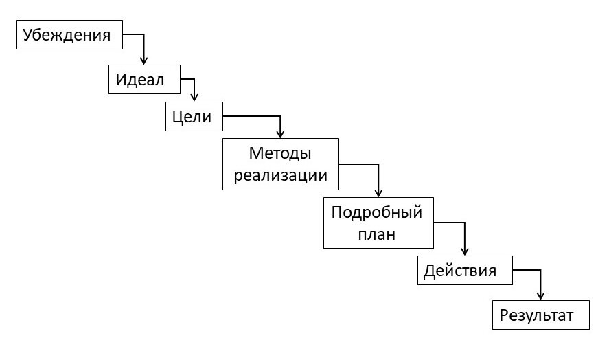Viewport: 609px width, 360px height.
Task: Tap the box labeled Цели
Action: [x=194, y=117]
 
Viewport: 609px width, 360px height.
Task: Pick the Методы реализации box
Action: [x=281, y=164]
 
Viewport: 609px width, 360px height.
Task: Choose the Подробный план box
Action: [x=378, y=222]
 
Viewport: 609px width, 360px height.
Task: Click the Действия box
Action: [x=465, y=270]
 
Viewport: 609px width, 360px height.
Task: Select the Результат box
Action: [x=541, y=315]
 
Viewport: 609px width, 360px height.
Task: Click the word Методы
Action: [x=280, y=153]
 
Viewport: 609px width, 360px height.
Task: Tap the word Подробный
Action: [x=376, y=211]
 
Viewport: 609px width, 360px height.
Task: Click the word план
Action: [x=378, y=234]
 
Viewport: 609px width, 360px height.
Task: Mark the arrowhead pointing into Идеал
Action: [x=143, y=60]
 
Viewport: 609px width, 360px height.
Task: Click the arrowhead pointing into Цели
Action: [x=194, y=98]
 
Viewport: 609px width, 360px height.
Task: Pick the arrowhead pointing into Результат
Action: [x=541, y=296]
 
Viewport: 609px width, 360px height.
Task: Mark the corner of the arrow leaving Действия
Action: [x=541, y=270]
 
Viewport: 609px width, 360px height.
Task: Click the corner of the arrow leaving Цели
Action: [x=280, y=117]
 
